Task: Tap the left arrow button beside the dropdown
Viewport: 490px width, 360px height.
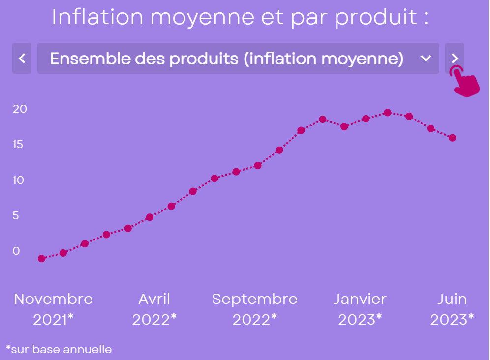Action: pyautogui.click(x=22, y=59)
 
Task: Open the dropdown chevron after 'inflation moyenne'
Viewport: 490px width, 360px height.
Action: pyautogui.click(x=426, y=59)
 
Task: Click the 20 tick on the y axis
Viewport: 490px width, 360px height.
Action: pyautogui.click(x=20, y=109)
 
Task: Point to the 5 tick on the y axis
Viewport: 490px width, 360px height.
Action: pyautogui.click(x=16, y=215)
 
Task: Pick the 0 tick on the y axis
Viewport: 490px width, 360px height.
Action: pyautogui.click(x=16, y=251)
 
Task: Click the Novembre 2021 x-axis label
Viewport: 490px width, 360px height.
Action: pyautogui.click(x=53, y=309)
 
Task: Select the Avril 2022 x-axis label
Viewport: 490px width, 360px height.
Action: pyautogui.click(x=154, y=309)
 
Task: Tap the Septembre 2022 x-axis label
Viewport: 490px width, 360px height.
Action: pyautogui.click(x=254, y=309)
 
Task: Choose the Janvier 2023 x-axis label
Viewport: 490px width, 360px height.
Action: pyautogui.click(x=360, y=309)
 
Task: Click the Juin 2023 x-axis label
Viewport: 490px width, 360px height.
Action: pyautogui.click(x=452, y=309)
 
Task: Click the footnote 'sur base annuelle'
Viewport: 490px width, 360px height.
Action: pyautogui.click(x=59, y=349)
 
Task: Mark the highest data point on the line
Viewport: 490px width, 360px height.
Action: pyautogui.click(x=388, y=113)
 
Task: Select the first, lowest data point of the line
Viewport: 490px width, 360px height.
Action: pyautogui.click(x=42, y=259)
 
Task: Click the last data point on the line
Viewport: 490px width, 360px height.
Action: pyautogui.click(x=452, y=138)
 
